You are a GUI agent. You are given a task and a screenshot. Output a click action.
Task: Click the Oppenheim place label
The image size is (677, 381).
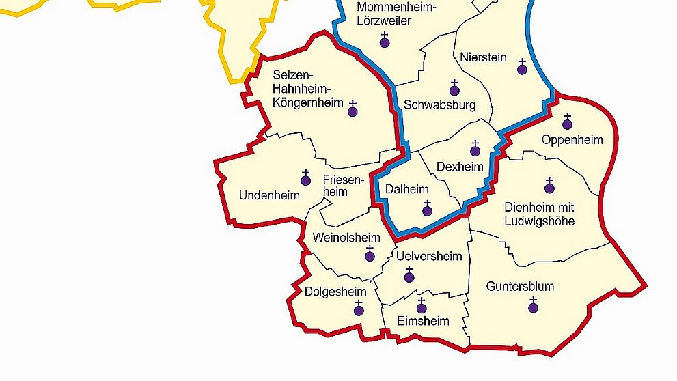572,140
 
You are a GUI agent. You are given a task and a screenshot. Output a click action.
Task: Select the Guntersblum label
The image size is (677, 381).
520,286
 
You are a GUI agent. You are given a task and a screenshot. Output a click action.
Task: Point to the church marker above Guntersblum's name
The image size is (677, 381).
534,307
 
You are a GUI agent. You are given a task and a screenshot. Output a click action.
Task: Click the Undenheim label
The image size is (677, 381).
269,195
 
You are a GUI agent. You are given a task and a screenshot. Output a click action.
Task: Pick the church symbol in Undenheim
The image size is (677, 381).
306,180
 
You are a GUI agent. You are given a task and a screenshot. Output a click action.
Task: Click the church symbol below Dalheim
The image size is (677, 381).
428,210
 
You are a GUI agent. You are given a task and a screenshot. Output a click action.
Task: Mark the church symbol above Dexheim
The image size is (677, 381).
475,150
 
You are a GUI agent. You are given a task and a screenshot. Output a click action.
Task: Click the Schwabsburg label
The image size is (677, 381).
440,105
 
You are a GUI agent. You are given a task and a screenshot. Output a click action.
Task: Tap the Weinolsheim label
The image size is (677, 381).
345,237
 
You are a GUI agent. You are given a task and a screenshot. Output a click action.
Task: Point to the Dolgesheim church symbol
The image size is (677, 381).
359,310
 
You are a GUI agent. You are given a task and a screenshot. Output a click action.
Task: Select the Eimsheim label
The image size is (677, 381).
423,321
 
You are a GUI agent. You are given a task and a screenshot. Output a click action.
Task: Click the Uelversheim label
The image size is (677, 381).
429,256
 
